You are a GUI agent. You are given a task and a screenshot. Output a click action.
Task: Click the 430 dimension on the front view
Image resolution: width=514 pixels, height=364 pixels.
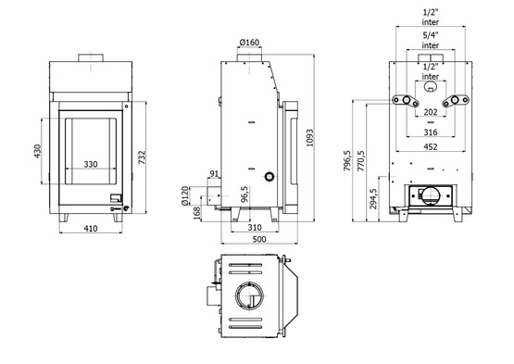tap(38, 150)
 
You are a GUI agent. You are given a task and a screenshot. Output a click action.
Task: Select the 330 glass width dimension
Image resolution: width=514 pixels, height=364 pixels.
tap(91, 164)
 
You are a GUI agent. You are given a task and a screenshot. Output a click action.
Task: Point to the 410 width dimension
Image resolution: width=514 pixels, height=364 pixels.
tap(91, 227)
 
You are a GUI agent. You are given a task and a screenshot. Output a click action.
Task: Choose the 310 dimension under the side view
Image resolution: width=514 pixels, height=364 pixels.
tap(252, 227)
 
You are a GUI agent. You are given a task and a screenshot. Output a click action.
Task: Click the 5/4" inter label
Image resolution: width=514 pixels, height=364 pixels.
tap(430, 39)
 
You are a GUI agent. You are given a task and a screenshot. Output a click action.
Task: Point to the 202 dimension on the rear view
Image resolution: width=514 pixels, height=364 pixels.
tap(430, 113)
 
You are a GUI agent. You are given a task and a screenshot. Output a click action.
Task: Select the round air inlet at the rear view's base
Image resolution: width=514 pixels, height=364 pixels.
tap(430, 195)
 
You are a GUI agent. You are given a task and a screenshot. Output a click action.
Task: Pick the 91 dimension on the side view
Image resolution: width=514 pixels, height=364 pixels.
tap(215, 173)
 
